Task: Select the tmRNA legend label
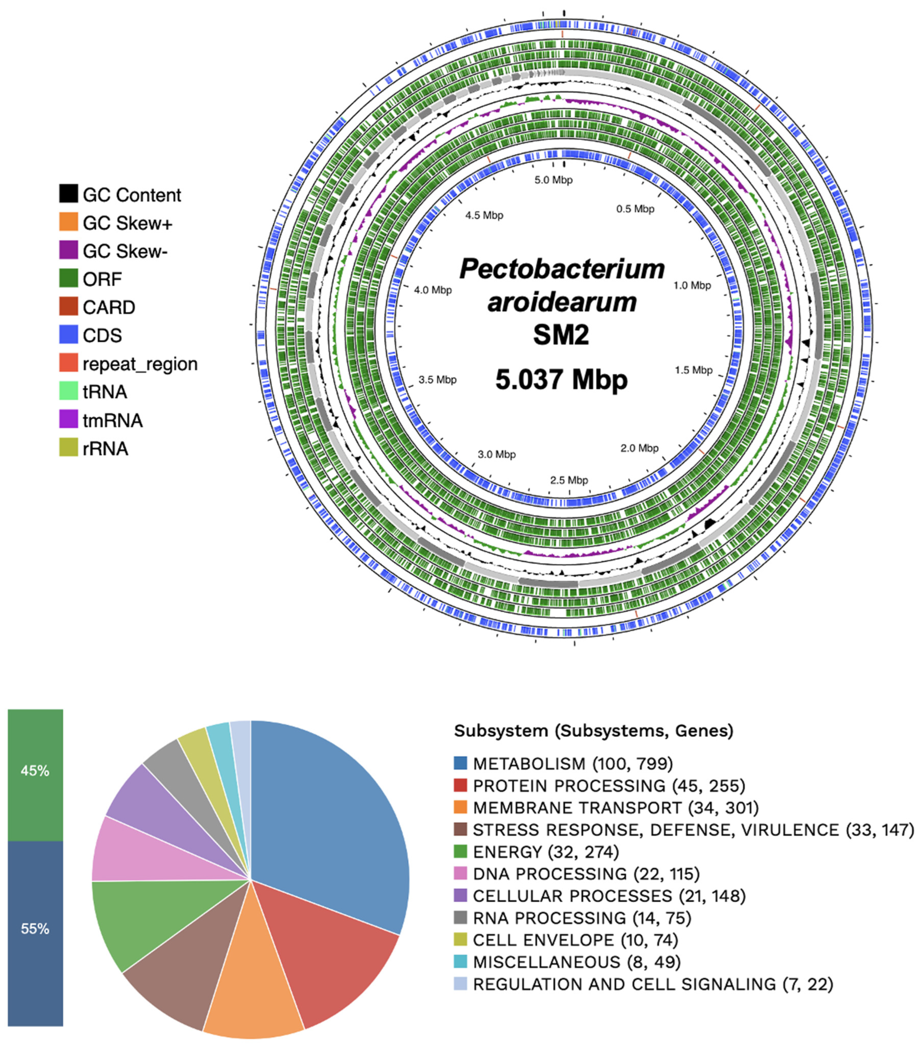click(113, 420)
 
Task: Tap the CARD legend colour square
click(68, 307)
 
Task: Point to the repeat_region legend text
click(140, 364)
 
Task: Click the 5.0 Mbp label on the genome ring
click(553, 180)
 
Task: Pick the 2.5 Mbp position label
click(569, 480)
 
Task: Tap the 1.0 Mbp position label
click(692, 285)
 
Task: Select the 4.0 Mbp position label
click(433, 290)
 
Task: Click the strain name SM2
click(561, 335)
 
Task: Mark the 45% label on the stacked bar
click(35, 771)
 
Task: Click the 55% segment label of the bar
click(35, 929)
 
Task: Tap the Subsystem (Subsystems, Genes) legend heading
click(593, 731)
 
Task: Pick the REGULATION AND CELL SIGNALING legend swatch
click(460, 984)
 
